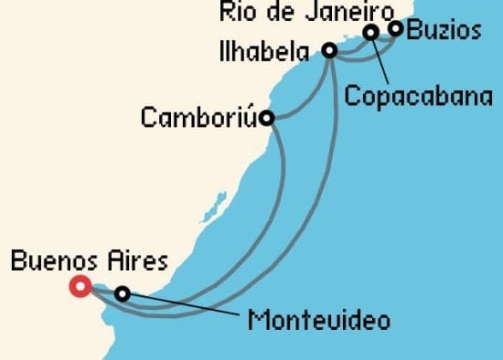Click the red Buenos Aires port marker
[80, 286]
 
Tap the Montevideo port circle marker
[122, 293]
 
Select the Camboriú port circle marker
[266, 117]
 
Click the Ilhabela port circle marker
[331, 50]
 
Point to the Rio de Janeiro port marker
[371, 33]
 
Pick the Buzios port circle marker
[395, 28]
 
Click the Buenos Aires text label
[89, 262]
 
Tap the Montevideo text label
[318, 321]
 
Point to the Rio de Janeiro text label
[308, 12]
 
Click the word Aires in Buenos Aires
[139, 262]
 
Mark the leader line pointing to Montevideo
[183, 306]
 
